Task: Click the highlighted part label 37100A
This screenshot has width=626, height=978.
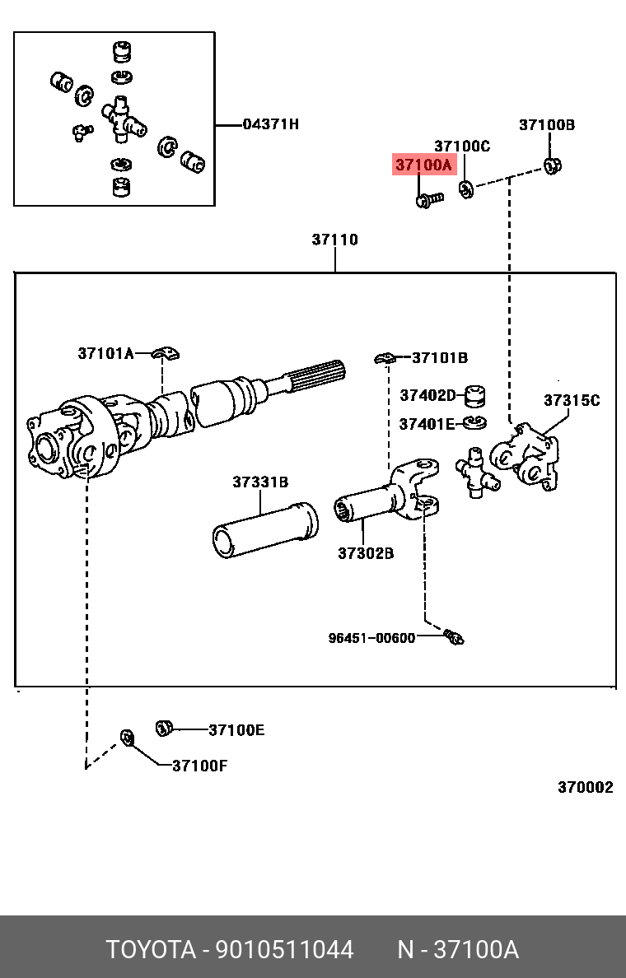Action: pyautogui.click(x=423, y=165)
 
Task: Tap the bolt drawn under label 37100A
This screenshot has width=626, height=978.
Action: pyautogui.click(x=428, y=199)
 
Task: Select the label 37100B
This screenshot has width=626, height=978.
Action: pyautogui.click(x=546, y=125)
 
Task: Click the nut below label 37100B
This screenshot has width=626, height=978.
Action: pyautogui.click(x=553, y=165)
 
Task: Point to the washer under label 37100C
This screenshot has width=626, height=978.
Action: pyautogui.click(x=465, y=190)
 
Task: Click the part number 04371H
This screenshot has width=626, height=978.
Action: pyautogui.click(x=270, y=124)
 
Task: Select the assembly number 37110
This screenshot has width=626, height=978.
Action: pyautogui.click(x=334, y=240)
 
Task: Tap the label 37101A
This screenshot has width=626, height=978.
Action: pyautogui.click(x=105, y=353)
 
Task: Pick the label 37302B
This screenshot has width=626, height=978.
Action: pyautogui.click(x=365, y=553)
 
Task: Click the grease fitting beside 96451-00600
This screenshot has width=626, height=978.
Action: pyautogui.click(x=453, y=636)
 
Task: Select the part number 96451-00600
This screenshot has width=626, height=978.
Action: pyautogui.click(x=371, y=637)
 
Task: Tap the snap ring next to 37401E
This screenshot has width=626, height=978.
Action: pyautogui.click(x=474, y=423)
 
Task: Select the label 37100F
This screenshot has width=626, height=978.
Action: pyautogui.click(x=199, y=766)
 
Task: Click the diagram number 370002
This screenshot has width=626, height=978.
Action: pyautogui.click(x=585, y=787)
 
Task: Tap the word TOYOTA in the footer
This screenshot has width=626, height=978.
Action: pyautogui.click(x=149, y=950)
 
